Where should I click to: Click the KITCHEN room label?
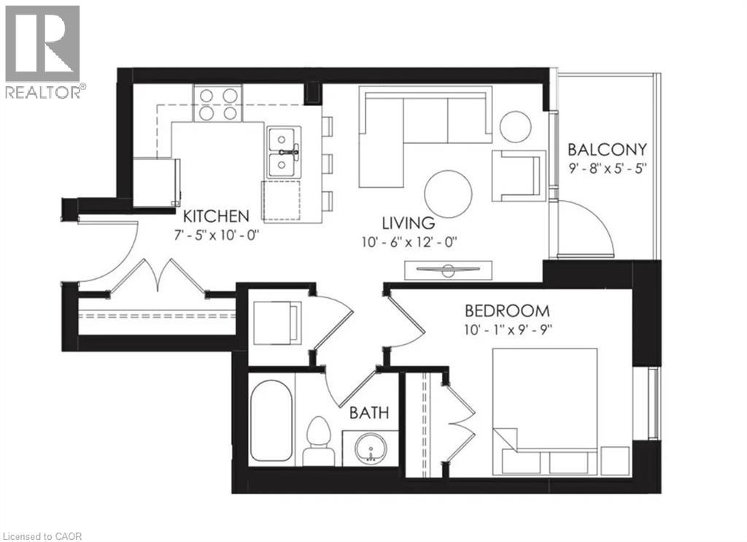coord(216,215)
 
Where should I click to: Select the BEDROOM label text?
coord(506,310)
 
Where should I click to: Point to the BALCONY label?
coord(607,150)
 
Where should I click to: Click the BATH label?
coord(368,413)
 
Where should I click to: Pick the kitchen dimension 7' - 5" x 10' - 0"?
coord(216,235)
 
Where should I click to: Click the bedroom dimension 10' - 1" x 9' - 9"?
coord(508,328)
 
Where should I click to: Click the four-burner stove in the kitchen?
coord(217,103)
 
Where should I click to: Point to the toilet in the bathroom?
coord(319,440)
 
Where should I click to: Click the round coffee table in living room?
coord(449,192)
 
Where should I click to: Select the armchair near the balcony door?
coord(517,175)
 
